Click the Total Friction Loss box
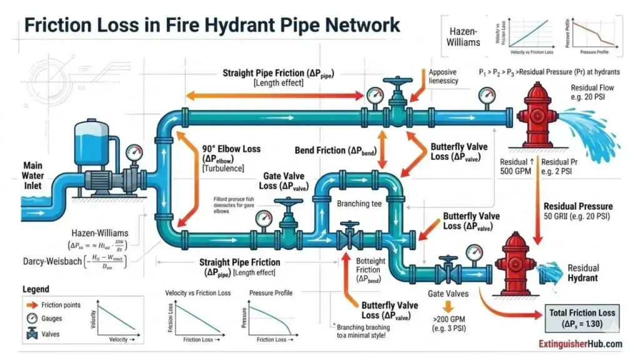click(x=581, y=317)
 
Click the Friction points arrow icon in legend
click(x=27, y=305)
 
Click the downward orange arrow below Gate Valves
click(x=448, y=306)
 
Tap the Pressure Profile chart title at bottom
click(x=270, y=293)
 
